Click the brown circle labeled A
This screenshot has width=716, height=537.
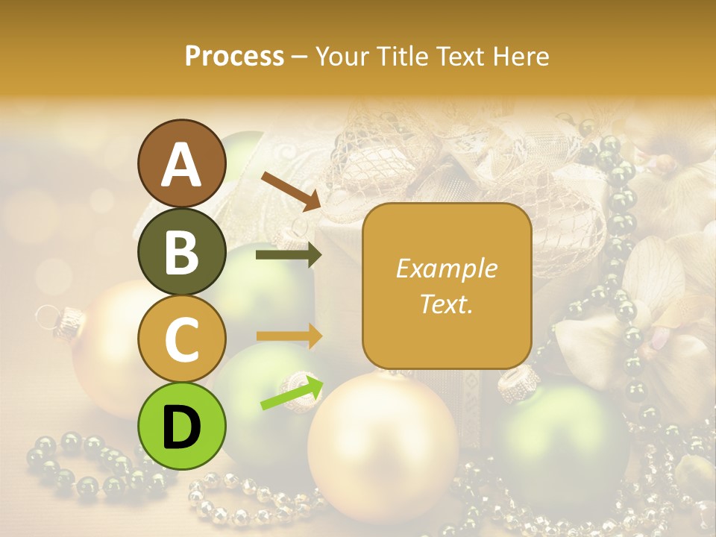click(x=182, y=163)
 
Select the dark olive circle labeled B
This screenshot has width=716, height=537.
click(x=182, y=251)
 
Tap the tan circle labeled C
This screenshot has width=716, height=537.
click(x=182, y=339)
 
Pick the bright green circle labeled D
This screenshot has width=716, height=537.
click(x=182, y=426)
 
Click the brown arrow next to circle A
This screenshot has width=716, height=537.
click(x=290, y=189)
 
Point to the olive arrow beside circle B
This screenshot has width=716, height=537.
click(x=288, y=255)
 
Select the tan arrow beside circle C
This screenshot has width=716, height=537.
click(x=288, y=336)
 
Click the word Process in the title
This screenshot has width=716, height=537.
click(x=234, y=56)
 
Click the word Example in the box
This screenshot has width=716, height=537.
click(x=446, y=268)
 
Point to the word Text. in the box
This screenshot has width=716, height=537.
click(x=446, y=304)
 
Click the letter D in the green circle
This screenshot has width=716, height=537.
click(x=182, y=427)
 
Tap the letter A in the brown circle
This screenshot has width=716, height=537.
click(x=182, y=164)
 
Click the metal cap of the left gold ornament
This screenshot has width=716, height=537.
click(x=69, y=320)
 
